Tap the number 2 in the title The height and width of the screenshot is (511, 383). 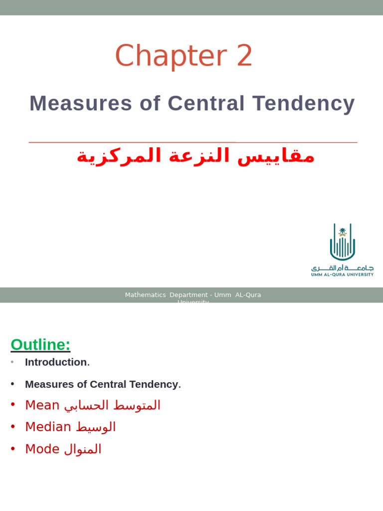click(x=244, y=56)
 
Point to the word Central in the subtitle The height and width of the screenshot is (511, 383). click(x=206, y=103)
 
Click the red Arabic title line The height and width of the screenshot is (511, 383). click(x=195, y=156)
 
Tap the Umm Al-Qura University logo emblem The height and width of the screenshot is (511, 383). click(x=342, y=242)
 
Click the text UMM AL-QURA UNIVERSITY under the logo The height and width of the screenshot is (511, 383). click(x=342, y=274)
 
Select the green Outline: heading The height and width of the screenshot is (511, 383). click(x=40, y=344)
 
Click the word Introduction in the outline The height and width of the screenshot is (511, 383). click(x=56, y=362)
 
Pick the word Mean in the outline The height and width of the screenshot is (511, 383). click(x=42, y=405)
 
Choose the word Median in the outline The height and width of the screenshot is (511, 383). click(x=48, y=427)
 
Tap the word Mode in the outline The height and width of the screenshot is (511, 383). click(x=42, y=449)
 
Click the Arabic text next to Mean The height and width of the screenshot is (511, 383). click(x=112, y=405)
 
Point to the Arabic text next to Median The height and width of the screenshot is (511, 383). click(x=96, y=427)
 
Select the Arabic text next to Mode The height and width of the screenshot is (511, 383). click(x=83, y=449)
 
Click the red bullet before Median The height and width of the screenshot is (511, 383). click(x=13, y=427)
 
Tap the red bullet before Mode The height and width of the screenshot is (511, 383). click(x=13, y=449)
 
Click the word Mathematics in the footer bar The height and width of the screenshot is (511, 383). click(x=145, y=295)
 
